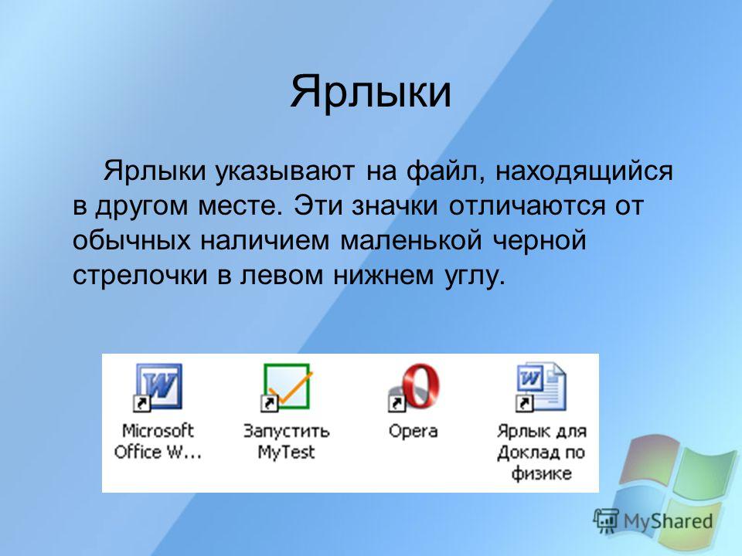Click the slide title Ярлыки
[370, 92]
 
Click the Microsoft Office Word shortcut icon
[158, 387]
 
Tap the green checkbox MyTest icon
[286, 387]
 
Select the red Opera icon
[414, 387]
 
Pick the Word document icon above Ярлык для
[541, 387]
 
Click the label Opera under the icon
[413, 432]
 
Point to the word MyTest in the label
[286, 453]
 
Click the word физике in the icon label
[541, 473]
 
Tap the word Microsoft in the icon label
[158, 431]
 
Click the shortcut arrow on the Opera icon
[396, 403]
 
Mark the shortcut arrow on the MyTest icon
[268, 403]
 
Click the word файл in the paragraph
[446, 171]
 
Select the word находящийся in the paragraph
[584, 171]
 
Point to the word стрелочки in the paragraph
[140, 275]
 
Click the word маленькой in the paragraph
[410, 239]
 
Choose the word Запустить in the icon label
[286, 432]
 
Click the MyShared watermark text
[668, 521]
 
